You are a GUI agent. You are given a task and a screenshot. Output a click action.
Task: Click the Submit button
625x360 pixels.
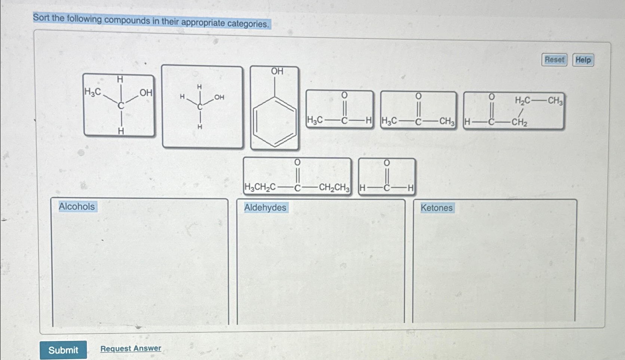(x=63, y=350)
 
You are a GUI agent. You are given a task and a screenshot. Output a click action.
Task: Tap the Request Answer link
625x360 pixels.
(x=131, y=348)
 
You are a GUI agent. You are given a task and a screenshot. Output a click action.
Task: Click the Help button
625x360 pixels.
(x=583, y=60)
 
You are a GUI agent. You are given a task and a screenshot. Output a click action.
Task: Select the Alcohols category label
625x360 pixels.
(x=77, y=206)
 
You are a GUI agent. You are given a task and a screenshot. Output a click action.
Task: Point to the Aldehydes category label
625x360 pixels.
(x=265, y=207)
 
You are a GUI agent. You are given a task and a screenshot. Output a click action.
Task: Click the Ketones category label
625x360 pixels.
(x=436, y=208)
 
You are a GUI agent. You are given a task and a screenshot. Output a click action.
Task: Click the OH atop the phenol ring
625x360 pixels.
(x=277, y=71)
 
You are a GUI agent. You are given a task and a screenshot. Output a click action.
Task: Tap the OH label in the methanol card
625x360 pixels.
(x=219, y=97)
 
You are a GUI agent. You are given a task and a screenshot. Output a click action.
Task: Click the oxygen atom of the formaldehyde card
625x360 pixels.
(x=387, y=163)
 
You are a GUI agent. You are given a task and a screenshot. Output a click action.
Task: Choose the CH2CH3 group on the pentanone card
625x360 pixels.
(x=334, y=187)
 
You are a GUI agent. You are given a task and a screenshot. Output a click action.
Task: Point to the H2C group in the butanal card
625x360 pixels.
(x=522, y=100)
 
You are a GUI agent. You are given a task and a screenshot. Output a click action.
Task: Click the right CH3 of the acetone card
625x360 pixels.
(x=447, y=121)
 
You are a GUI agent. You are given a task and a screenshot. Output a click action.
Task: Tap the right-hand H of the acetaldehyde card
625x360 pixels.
(x=368, y=120)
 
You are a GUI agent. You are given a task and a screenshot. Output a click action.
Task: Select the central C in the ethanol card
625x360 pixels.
(x=120, y=106)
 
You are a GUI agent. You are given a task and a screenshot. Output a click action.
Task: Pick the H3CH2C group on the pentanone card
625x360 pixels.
(x=260, y=187)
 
